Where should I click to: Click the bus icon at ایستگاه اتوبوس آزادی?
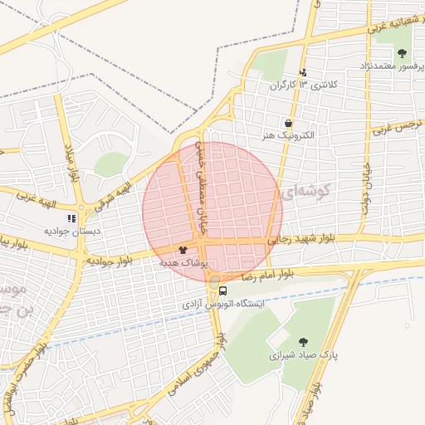click(x=223, y=291)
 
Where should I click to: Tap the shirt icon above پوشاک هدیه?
click(x=183, y=248)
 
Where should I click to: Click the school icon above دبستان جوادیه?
click(x=71, y=218)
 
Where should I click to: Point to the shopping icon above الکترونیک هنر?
click(x=287, y=122)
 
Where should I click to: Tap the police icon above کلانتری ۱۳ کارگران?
click(x=303, y=73)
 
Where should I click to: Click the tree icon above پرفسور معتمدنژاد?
click(x=402, y=52)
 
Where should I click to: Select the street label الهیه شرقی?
click(x=110, y=183)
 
